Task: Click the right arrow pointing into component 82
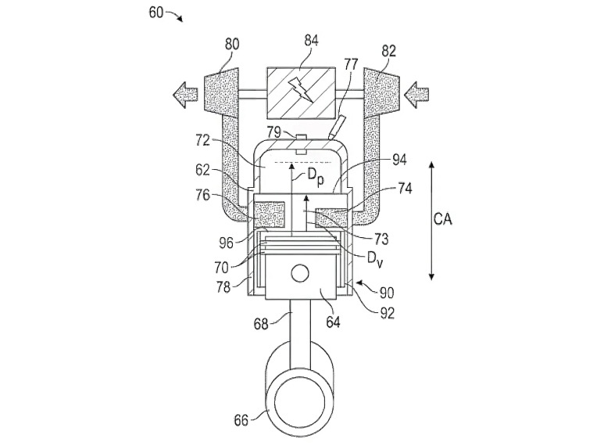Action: pyautogui.click(x=417, y=95)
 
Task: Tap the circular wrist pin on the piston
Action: pyautogui.click(x=302, y=274)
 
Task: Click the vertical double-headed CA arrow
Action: pyautogui.click(x=431, y=220)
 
